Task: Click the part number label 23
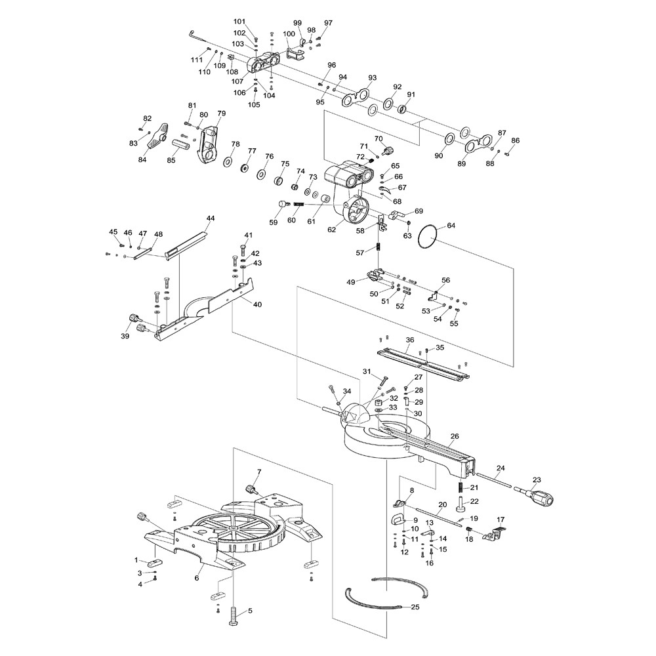(x=537, y=480)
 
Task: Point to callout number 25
(x=415, y=607)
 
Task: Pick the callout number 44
(x=210, y=218)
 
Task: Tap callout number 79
(x=221, y=113)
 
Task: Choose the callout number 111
(x=197, y=60)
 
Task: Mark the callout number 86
(x=515, y=140)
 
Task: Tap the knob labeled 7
(x=251, y=489)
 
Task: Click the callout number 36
(x=410, y=340)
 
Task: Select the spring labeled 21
(x=461, y=487)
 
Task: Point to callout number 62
(x=332, y=230)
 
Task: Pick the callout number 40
(x=256, y=304)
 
